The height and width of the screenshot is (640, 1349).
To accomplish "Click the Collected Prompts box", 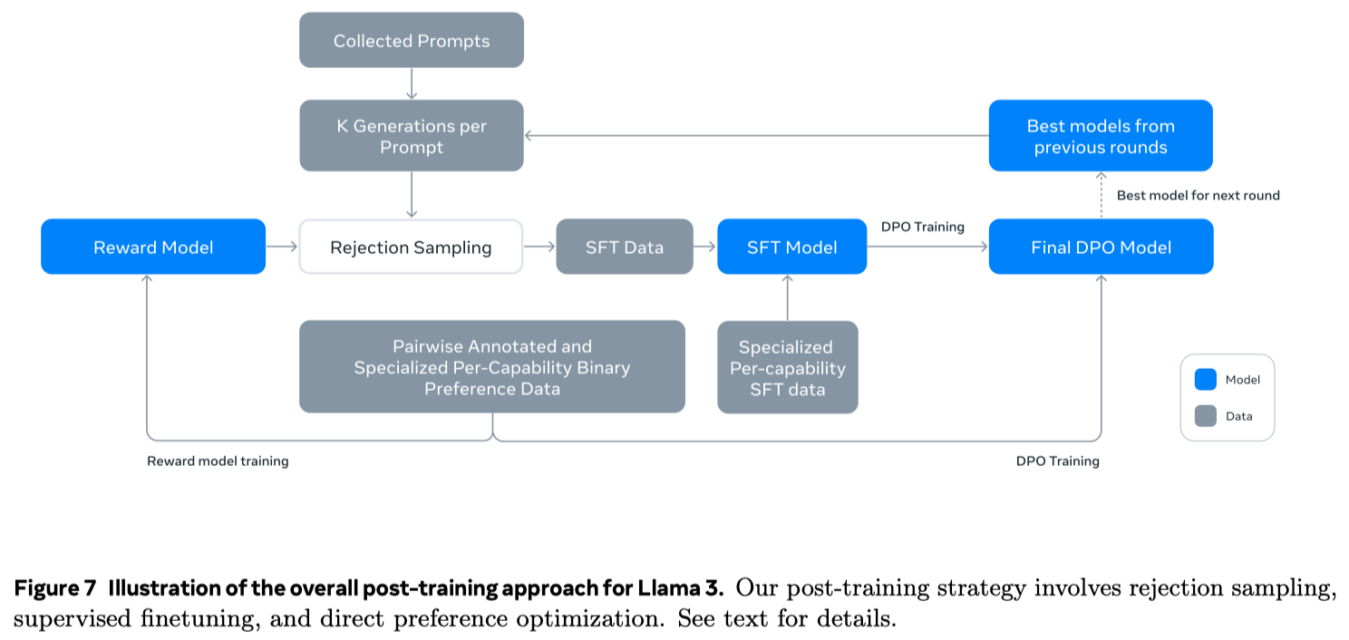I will (x=412, y=41).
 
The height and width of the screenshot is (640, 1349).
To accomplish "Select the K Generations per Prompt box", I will (x=412, y=136).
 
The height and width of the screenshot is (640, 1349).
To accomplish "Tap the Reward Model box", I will (x=153, y=247).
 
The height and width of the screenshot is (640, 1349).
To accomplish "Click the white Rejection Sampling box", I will (x=411, y=247).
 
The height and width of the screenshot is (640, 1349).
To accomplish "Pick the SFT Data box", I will (x=624, y=247).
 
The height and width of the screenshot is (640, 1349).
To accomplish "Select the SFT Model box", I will (x=791, y=247).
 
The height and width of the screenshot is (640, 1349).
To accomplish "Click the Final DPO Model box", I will (x=1101, y=247).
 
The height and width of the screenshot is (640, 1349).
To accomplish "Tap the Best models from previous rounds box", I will (x=1101, y=136).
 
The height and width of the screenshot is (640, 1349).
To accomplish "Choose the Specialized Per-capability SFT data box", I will (x=787, y=368).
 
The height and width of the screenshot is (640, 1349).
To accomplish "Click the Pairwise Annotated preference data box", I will (x=491, y=367).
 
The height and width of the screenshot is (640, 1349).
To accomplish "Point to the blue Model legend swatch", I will (x=1206, y=380).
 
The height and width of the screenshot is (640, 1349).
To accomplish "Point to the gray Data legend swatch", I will (x=1206, y=416).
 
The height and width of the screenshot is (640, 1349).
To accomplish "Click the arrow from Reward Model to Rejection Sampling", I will (x=282, y=247).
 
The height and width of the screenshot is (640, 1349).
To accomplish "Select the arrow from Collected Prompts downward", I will (x=412, y=83).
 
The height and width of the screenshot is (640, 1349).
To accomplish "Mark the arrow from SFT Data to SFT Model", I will (x=705, y=247).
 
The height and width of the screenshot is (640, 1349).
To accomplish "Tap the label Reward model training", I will (x=218, y=461).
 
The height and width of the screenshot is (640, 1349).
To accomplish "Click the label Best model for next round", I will (x=1198, y=195).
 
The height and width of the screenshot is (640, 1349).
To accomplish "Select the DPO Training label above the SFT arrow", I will (x=922, y=227).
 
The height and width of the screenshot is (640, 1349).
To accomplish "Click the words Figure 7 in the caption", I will (x=54, y=588).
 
